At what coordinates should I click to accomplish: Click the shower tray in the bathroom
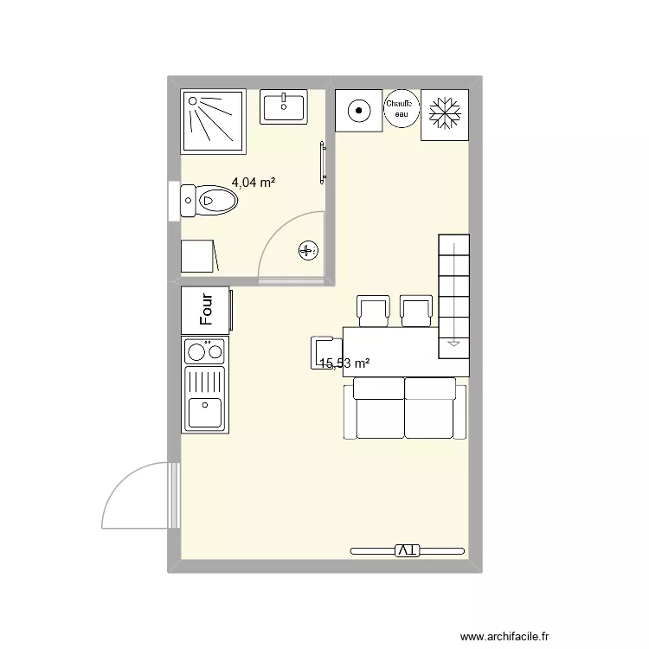click(x=213, y=120)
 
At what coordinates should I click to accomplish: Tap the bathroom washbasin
click(x=283, y=107)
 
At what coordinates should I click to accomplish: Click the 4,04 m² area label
click(x=253, y=183)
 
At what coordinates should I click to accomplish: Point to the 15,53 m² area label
click(x=344, y=364)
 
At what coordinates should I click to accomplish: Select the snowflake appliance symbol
click(x=445, y=115)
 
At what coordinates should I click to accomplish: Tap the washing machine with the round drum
click(x=357, y=110)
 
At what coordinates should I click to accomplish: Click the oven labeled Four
click(x=206, y=310)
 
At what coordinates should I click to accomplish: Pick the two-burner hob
click(x=204, y=350)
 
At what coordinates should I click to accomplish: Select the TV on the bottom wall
click(x=408, y=549)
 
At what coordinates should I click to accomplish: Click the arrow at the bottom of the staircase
click(x=453, y=343)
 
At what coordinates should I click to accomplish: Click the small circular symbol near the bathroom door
click(x=307, y=251)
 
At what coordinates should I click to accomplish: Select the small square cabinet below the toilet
click(x=197, y=256)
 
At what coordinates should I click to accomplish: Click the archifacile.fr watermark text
click(x=504, y=636)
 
